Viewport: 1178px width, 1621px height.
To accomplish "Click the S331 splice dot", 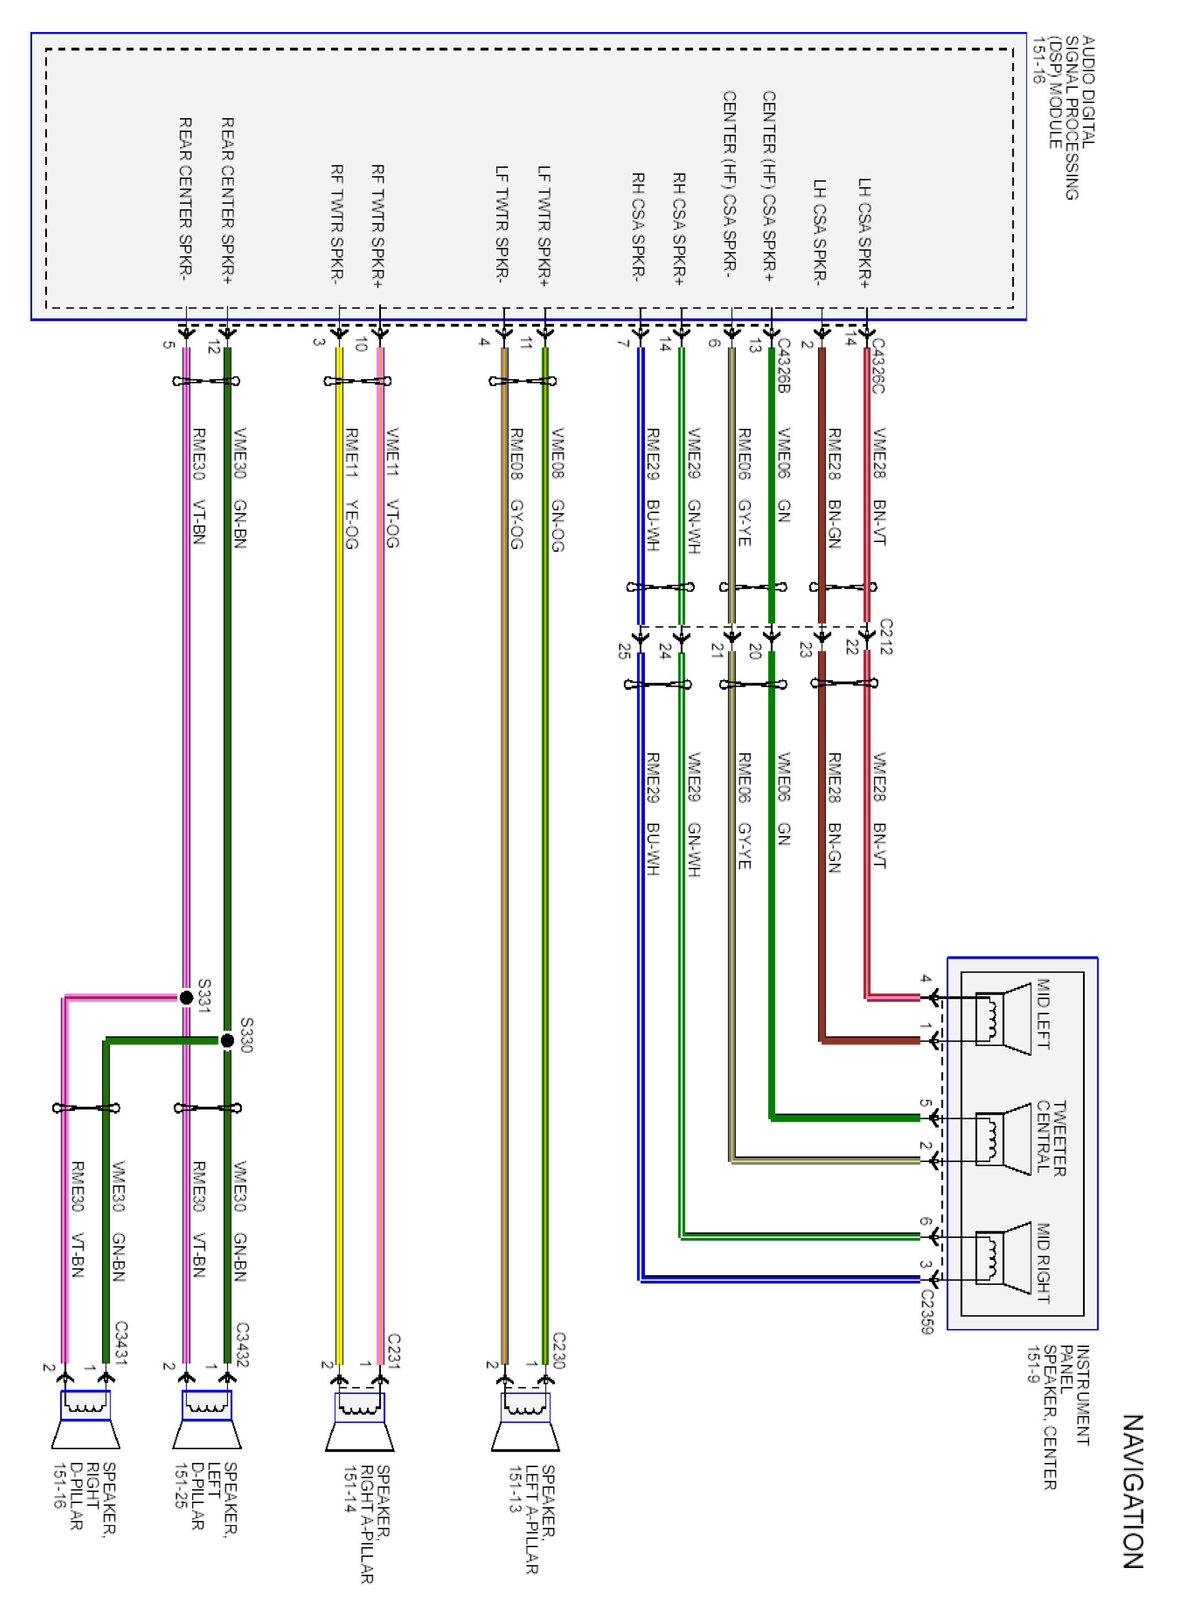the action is (186, 997).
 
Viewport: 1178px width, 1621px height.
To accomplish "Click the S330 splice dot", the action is (227, 1040).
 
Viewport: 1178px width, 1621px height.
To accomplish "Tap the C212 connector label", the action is (885, 637).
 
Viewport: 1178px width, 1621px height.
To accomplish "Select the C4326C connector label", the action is (878, 365).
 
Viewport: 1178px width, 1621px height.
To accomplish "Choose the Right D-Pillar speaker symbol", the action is (86, 1419).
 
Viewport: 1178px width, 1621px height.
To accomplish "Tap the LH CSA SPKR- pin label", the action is (821, 232).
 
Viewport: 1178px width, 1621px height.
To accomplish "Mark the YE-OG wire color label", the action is (351, 524).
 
